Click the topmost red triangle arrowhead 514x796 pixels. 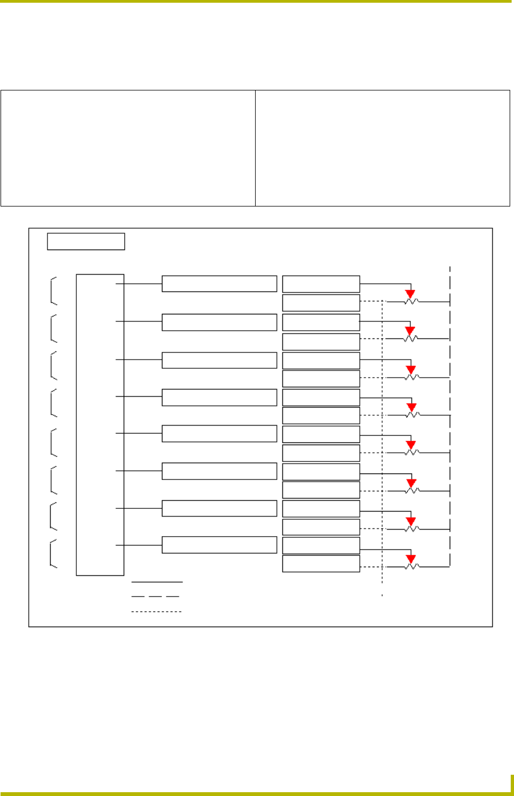click(x=410, y=294)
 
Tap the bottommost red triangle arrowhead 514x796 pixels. click(x=411, y=559)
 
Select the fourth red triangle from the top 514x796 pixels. click(x=411, y=407)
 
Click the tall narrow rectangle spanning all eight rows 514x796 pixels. click(x=100, y=424)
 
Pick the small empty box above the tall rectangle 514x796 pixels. click(x=86, y=241)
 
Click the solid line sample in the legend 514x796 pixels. click(x=157, y=582)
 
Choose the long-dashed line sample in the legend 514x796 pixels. click(x=156, y=597)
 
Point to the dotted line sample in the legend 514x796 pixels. click(x=156, y=611)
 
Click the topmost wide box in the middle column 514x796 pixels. click(x=219, y=284)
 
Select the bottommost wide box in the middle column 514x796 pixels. click(x=219, y=545)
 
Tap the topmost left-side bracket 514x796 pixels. click(x=53, y=290)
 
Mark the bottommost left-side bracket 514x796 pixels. click(x=53, y=554)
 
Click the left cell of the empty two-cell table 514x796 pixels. click(x=128, y=148)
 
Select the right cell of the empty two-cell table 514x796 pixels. click(x=382, y=148)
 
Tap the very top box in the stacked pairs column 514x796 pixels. click(x=321, y=284)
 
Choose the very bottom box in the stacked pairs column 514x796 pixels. click(x=321, y=563)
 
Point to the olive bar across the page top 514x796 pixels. click(x=256, y=2)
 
